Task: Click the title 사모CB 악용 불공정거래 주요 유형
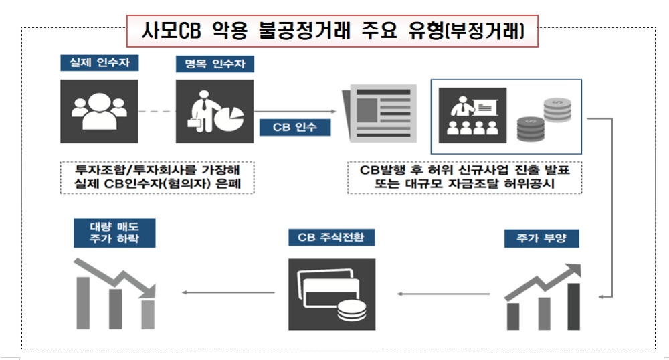point(332,31)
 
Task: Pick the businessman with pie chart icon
point(214,111)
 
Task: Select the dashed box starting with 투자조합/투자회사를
point(157,177)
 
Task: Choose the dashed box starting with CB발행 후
point(464,177)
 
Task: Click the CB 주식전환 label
point(332,238)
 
